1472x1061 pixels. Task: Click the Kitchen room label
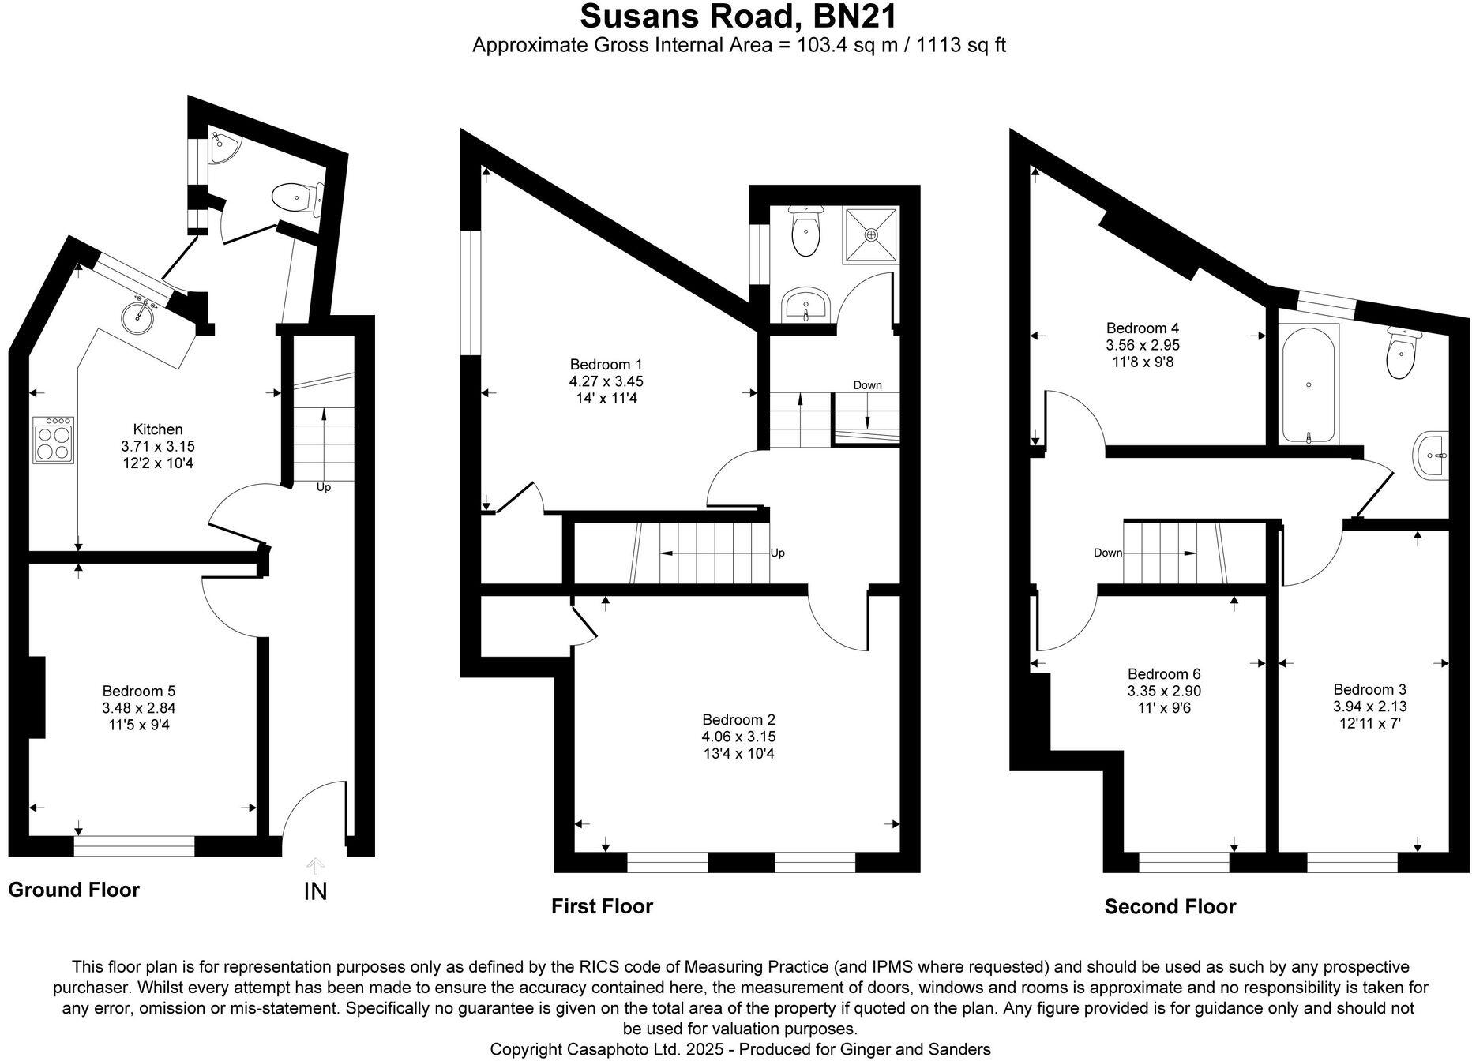(158, 429)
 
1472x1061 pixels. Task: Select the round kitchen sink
(140, 313)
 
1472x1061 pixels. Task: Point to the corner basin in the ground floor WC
(222, 147)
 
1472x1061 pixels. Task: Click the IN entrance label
(315, 892)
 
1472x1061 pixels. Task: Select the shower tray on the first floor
(871, 234)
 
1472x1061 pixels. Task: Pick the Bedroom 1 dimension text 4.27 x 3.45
(606, 381)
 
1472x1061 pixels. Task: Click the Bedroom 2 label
(738, 720)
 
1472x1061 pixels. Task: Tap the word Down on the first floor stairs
(867, 385)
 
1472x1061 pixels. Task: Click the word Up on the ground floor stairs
(323, 487)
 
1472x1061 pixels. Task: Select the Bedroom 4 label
(1143, 328)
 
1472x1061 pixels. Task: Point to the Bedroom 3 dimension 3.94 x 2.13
(1369, 707)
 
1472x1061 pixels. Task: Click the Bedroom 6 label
(1164, 674)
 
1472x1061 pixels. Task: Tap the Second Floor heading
(1170, 907)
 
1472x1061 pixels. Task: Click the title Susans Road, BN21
(738, 17)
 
